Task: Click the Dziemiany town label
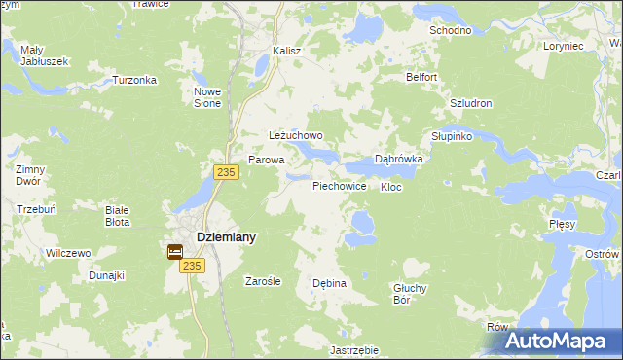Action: click(227, 236)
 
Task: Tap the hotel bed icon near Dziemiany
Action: click(175, 251)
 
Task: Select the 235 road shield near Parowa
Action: click(226, 171)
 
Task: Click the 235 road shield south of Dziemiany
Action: click(192, 266)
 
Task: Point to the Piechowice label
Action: click(339, 185)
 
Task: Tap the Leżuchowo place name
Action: click(295, 136)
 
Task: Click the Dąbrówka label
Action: click(398, 160)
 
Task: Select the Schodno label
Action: click(450, 30)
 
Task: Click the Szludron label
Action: click(471, 103)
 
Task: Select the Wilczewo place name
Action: click(68, 253)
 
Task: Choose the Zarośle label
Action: click(263, 281)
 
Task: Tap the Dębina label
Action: click(329, 283)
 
